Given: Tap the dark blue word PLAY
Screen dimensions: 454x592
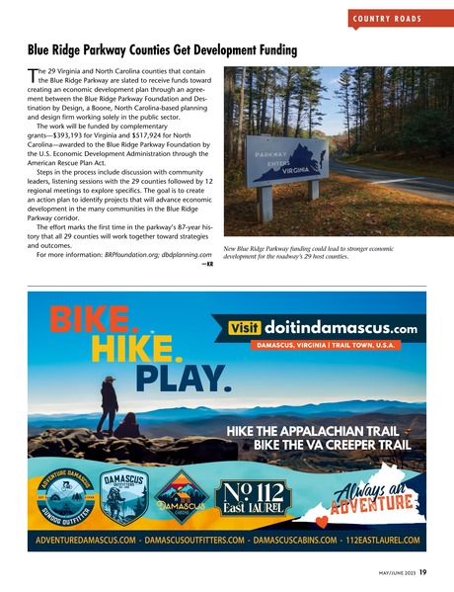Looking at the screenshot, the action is click(184, 378).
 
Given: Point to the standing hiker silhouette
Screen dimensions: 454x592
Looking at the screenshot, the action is click(109, 403).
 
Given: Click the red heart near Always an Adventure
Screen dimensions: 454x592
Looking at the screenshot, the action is click(322, 519).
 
